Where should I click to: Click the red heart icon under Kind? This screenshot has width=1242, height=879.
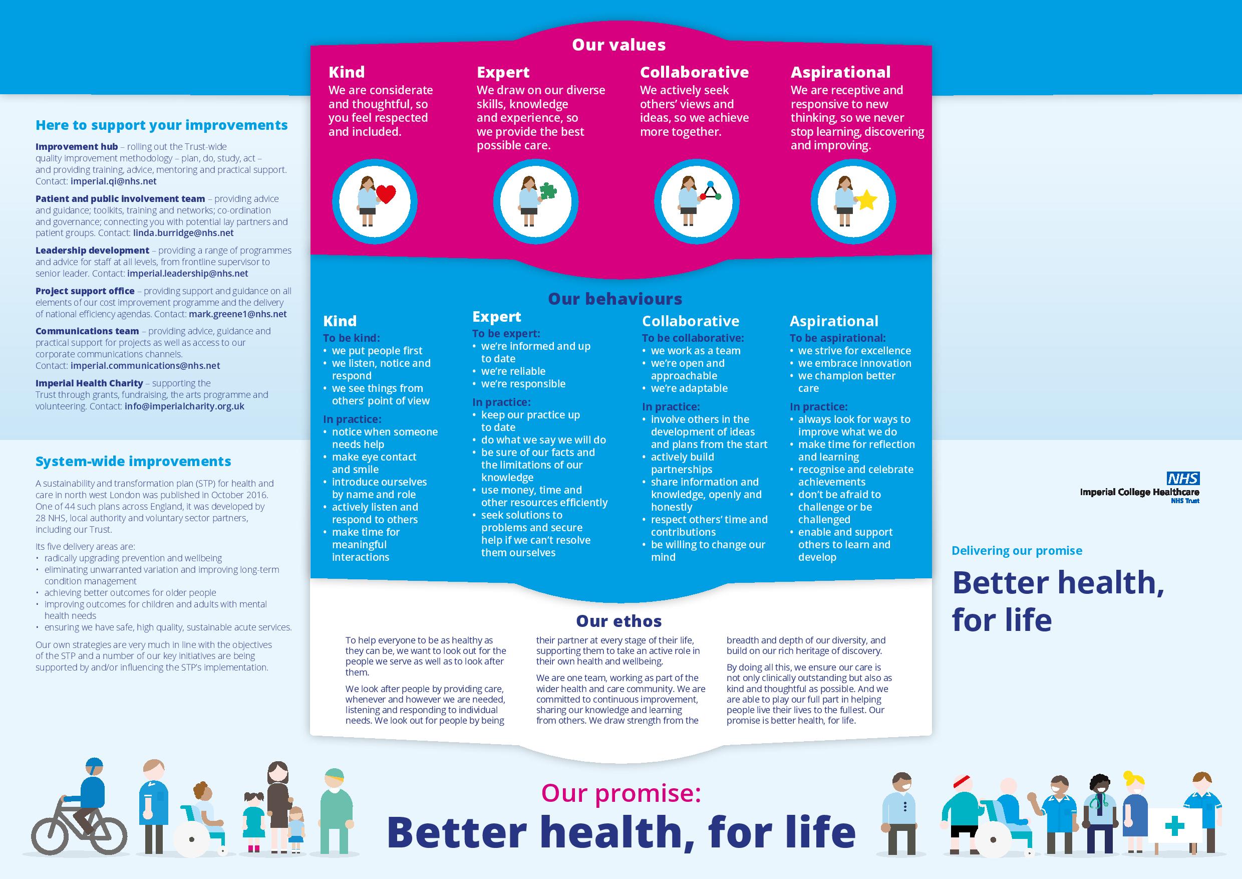point(386,194)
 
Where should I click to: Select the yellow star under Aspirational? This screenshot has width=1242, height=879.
point(866,200)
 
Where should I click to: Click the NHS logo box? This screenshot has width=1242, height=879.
point(1183,478)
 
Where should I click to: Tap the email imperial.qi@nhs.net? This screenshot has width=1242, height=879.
point(113,181)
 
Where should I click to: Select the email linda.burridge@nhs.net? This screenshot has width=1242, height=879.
point(183,233)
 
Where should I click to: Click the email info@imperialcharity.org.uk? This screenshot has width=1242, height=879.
point(184,406)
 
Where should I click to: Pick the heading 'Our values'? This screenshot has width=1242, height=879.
point(619,45)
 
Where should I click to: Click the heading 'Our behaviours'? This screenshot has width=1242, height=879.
point(615,299)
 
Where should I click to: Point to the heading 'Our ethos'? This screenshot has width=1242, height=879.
point(619,621)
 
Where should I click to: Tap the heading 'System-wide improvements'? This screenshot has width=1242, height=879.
point(133,461)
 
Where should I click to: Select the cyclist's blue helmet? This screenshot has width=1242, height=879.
point(94,767)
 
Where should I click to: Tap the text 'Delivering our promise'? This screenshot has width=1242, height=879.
point(1017,550)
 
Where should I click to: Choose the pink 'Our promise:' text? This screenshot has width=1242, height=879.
point(621,793)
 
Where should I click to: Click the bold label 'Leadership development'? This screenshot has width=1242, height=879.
point(93,250)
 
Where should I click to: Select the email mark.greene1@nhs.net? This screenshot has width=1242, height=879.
point(237,314)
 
